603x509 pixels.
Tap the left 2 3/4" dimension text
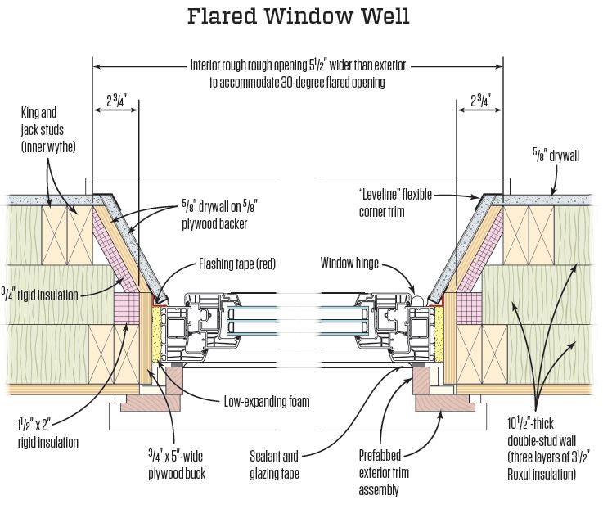(x=117, y=102)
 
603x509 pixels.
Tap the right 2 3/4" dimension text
(x=479, y=102)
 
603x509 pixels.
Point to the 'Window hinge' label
(x=349, y=265)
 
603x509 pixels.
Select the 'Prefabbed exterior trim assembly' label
(x=384, y=472)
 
